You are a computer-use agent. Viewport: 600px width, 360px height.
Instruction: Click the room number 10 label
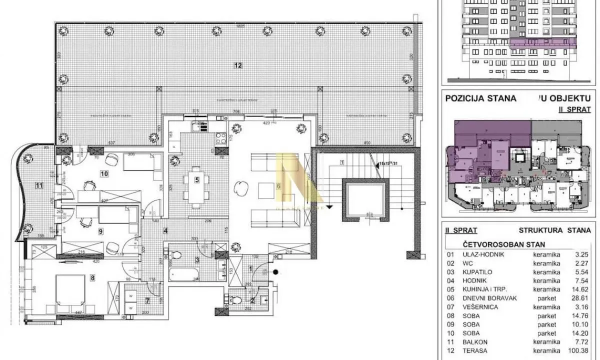pyautogui.click(x=104, y=174)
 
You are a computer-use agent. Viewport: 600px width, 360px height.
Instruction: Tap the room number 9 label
pyautogui.click(x=100, y=231)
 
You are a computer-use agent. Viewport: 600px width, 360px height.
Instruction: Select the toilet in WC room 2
pyautogui.click(x=238, y=301)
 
